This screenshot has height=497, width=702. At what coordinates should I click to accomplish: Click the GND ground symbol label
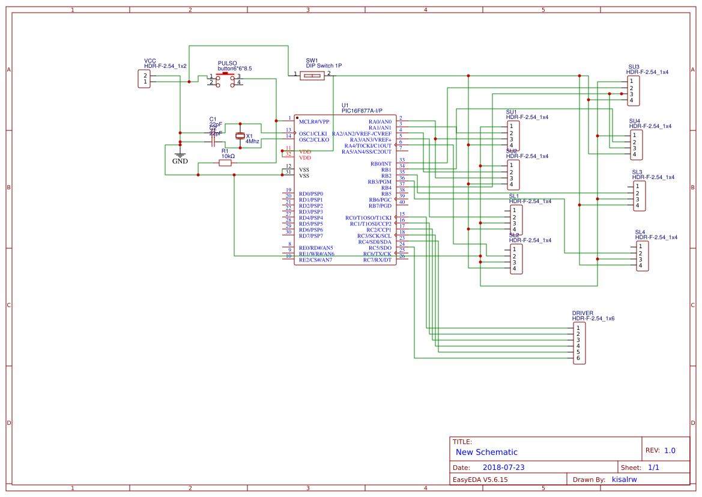pyautogui.click(x=180, y=161)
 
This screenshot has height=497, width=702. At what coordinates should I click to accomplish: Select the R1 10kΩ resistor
pyautogui.click(x=226, y=163)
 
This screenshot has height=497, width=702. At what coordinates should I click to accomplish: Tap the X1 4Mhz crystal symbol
pyautogui.click(x=240, y=136)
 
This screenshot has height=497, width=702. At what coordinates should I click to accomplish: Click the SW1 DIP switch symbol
pyautogui.click(x=312, y=75)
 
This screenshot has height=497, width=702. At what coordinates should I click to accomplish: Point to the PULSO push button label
pyautogui.click(x=227, y=63)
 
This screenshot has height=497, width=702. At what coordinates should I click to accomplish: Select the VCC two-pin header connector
pyautogui.click(x=144, y=79)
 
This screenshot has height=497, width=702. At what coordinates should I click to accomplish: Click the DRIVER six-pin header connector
pyautogui.click(x=579, y=343)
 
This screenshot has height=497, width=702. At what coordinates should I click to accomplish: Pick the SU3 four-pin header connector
pyautogui.click(x=632, y=91)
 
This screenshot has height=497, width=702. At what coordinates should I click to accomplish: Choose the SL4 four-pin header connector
pyautogui.click(x=642, y=256)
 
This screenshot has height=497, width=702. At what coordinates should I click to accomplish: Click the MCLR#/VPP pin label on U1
pyautogui.click(x=314, y=121)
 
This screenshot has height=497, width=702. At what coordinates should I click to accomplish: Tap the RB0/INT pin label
pyautogui.click(x=381, y=163)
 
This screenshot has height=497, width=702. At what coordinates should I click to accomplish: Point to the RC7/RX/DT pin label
pyautogui.click(x=377, y=260)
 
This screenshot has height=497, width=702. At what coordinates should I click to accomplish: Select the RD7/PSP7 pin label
pyautogui.click(x=311, y=236)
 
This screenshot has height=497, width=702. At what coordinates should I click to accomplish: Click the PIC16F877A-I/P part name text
pyautogui.click(x=362, y=111)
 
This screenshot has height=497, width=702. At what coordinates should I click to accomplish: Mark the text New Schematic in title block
pyautogui.click(x=486, y=452)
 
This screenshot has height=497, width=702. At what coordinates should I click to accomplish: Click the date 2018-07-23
pyautogui.click(x=503, y=468)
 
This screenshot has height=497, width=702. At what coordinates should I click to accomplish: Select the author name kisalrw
pyautogui.click(x=624, y=480)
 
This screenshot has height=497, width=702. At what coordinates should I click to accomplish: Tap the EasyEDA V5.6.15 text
pyautogui.click(x=480, y=480)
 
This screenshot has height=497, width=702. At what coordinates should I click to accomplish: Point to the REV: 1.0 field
pyautogui.click(x=661, y=451)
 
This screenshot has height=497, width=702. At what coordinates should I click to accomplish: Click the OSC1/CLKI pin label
pyautogui.click(x=313, y=133)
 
